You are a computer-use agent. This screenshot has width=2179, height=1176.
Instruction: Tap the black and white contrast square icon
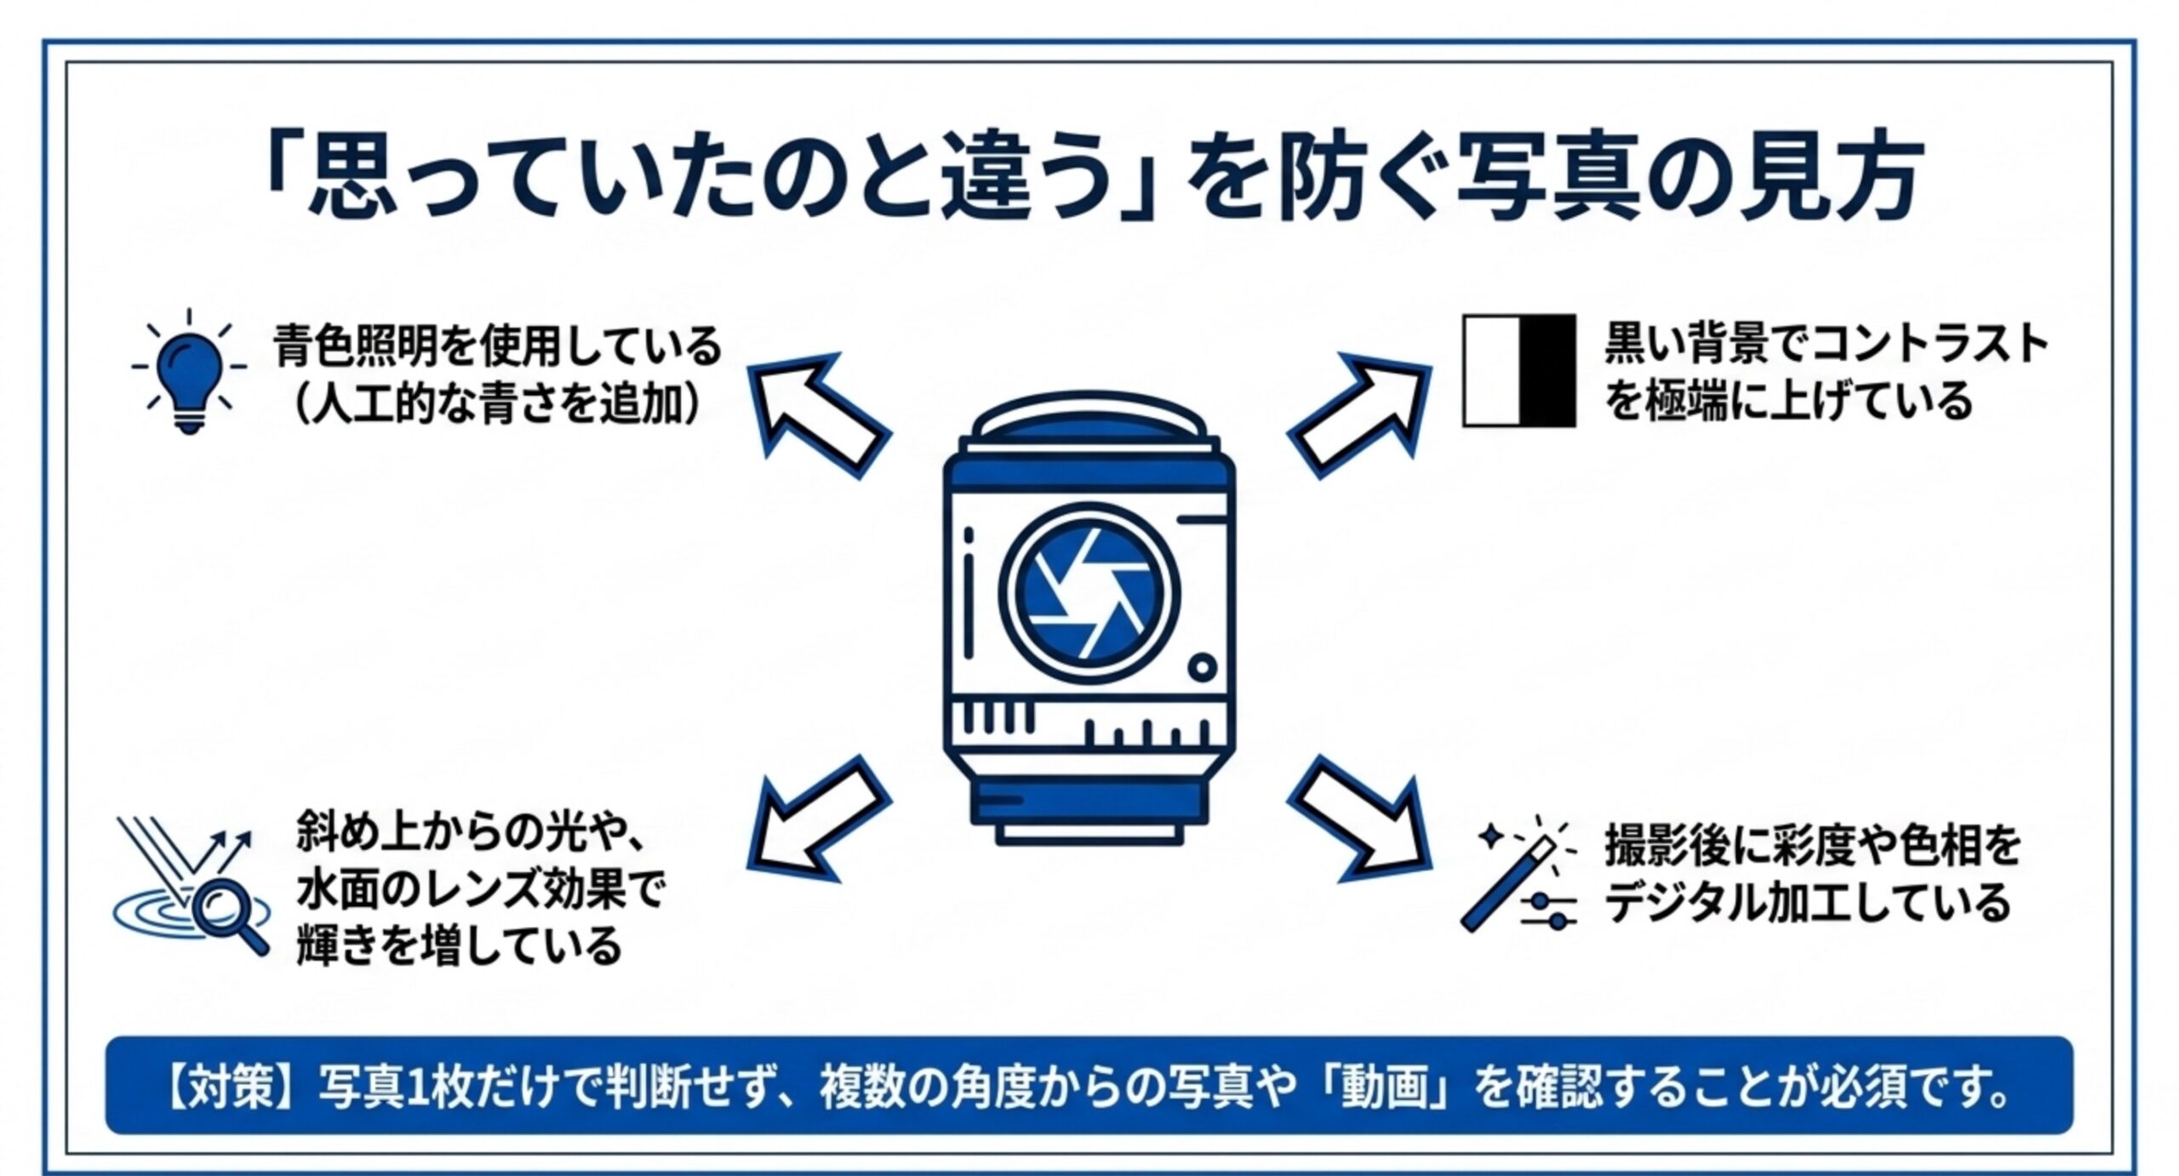point(1519,370)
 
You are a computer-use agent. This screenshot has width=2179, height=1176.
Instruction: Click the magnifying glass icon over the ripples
point(230,918)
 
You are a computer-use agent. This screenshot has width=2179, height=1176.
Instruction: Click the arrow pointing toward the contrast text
point(1359,414)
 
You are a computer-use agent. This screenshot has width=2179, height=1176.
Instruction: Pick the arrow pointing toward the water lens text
point(817,817)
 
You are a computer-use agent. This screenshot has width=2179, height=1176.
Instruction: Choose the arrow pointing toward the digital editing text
point(1359,817)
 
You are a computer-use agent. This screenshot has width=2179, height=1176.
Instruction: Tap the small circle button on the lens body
point(1201,666)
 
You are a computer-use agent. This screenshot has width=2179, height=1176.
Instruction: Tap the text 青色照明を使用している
point(498,346)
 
